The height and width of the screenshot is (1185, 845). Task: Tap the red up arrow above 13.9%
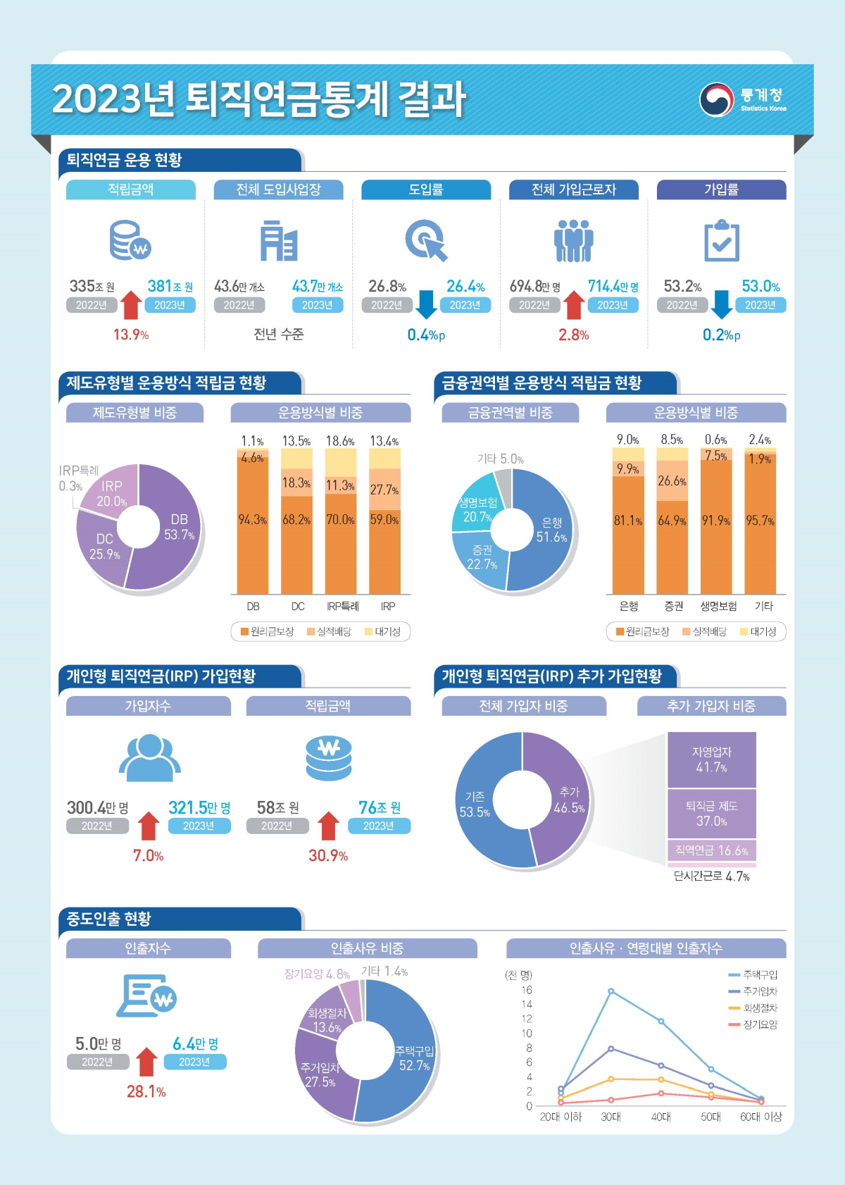tap(132, 305)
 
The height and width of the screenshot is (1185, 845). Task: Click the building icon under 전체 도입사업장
tap(279, 241)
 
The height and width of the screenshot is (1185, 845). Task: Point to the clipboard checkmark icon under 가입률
tap(722, 241)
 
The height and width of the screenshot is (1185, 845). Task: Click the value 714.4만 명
tap(613, 286)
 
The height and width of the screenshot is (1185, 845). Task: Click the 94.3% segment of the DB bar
tap(253, 521)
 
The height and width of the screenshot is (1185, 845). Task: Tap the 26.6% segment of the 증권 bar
tap(672, 481)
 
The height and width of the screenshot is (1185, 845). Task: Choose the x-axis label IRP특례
tap(343, 606)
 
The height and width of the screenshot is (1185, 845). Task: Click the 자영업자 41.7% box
tap(711, 759)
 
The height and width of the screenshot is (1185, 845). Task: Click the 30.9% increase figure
tap(328, 856)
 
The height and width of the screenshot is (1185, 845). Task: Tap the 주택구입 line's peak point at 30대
tap(611, 991)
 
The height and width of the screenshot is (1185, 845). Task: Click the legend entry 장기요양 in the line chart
tap(760, 1024)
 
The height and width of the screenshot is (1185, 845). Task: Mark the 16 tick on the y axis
tap(527, 990)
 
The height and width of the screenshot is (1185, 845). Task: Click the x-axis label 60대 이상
tap(760, 1117)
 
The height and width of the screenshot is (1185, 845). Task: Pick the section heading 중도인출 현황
tap(109, 919)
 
